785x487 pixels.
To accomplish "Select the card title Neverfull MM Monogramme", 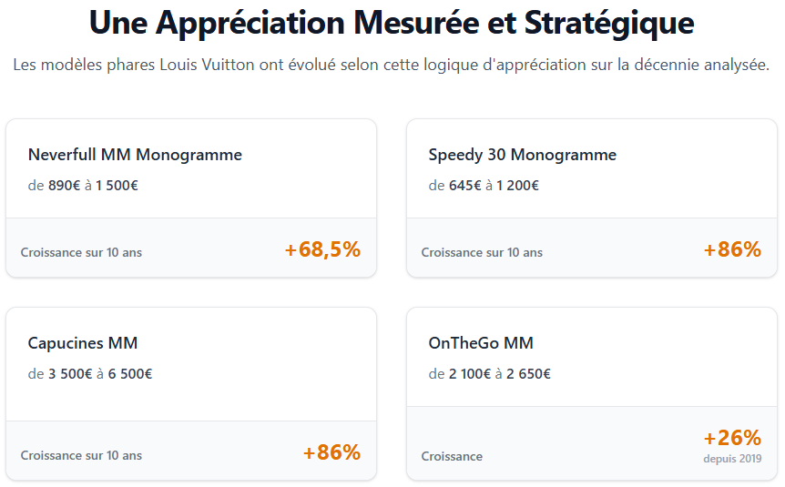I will pos(135,155).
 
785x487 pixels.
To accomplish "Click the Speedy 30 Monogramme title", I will pos(522,155).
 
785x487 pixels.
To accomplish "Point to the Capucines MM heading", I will pos(83,343).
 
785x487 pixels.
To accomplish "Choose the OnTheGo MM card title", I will pos(481,343).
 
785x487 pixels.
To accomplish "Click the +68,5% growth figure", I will pos(322,249).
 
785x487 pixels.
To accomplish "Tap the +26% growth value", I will pos(732,438).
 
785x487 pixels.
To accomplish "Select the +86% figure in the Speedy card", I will pos(732,249).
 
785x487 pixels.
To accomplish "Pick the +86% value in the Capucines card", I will pos(331,452).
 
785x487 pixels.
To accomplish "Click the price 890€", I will pos(64,186).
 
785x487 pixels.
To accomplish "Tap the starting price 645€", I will pos(464,186).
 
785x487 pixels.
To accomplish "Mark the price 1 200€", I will pos(517,186).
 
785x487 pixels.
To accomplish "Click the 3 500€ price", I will pos(70,374).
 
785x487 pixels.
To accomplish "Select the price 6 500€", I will pos(130,374).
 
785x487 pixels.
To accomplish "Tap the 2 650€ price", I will pos(529,374).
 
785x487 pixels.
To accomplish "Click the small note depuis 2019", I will pos(732,459).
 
